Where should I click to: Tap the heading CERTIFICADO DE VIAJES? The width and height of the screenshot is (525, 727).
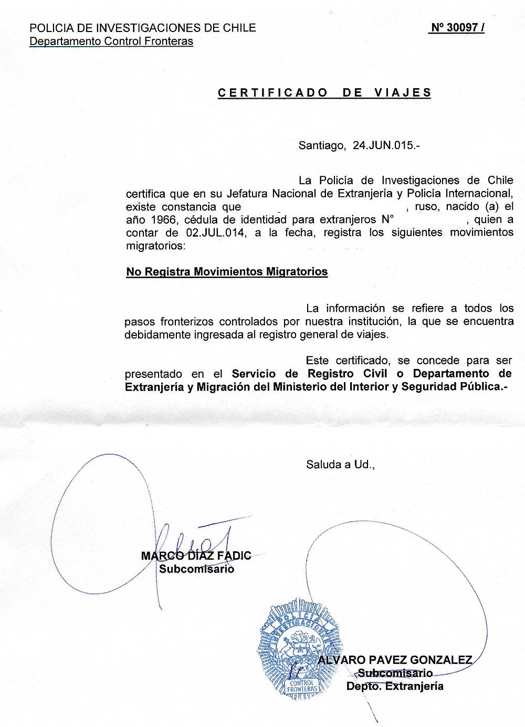pyautogui.click(x=324, y=93)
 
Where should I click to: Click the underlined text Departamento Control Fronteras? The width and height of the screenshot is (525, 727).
pyautogui.click(x=111, y=41)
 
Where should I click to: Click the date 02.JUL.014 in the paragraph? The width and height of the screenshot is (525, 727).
pyautogui.click(x=215, y=233)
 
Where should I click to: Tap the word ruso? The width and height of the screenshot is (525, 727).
pyautogui.click(x=426, y=207)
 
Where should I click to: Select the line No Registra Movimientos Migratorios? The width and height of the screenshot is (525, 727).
pyautogui.click(x=227, y=272)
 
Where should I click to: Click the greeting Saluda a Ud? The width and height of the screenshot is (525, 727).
pyautogui.click(x=340, y=465)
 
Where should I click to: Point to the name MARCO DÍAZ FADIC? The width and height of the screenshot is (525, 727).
pyautogui.click(x=196, y=555)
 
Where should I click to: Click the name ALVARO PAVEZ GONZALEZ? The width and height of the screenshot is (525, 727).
pyautogui.click(x=395, y=660)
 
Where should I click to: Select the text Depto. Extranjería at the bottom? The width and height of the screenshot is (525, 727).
pyautogui.click(x=395, y=686)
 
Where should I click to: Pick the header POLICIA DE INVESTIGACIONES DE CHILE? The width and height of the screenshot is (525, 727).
pyautogui.click(x=143, y=28)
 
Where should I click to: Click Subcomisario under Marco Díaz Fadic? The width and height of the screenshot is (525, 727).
pyautogui.click(x=196, y=568)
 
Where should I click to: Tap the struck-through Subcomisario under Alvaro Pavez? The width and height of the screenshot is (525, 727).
pyautogui.click(x=395, y=673)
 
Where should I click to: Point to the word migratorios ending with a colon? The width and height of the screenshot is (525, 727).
pyautogui.click(x=155, y=246)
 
